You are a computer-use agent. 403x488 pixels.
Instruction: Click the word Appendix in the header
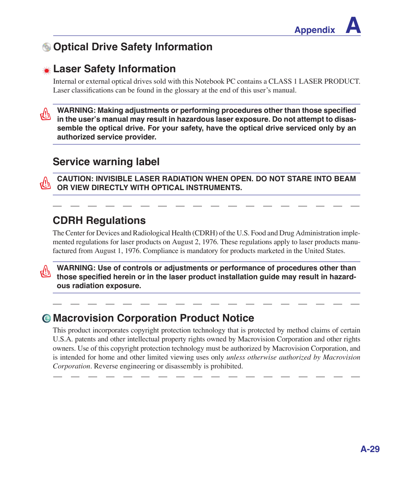[x=314, y=30]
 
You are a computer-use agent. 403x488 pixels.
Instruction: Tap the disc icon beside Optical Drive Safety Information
[x=46, y=47]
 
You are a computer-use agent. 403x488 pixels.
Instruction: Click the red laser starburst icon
[x=47, y=71]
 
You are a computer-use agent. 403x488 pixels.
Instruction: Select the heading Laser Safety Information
[x=114, y=69]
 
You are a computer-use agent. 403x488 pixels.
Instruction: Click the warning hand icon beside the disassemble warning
[x=45, y=114]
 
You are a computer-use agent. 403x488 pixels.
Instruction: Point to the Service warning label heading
[x=106, y=162]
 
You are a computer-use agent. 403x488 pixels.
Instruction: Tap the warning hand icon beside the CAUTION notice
[x=45, y=183]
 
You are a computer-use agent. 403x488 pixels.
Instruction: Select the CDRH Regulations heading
[x=99, y=221]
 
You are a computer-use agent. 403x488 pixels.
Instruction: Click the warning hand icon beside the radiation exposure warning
[x=45, y=272]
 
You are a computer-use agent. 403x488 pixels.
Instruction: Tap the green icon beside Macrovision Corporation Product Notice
[x=46, y=319]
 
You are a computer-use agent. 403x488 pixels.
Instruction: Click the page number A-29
[x=370, y=449]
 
